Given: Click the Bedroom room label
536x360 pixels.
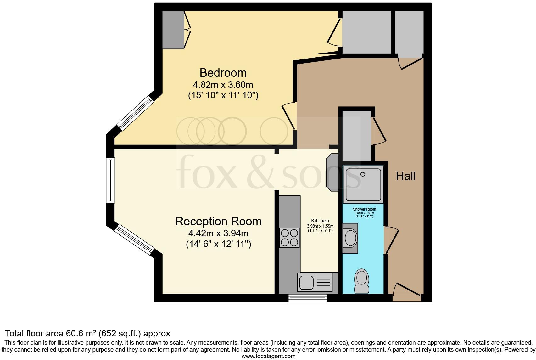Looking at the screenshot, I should tap(223, 73).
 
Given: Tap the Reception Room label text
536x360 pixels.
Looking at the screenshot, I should tap(218, 221).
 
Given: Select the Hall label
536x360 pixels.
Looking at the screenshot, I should tap(405, 176).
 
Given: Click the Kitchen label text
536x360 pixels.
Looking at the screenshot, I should tap(320, 221).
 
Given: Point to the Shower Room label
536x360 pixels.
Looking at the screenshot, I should tap(364, 209).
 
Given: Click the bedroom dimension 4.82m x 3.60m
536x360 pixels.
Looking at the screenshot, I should tap(223, 85).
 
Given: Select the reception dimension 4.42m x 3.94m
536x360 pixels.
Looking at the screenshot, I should tap(218, 233).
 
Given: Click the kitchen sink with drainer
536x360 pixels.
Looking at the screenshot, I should tap(315, 282).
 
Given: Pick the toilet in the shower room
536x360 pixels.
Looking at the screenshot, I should tap(362, 281).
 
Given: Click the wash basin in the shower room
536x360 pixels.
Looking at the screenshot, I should tap(350, 238).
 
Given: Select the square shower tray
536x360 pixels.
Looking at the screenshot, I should tap(363, 185).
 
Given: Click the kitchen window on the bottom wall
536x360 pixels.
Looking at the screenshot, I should tap(308, 298).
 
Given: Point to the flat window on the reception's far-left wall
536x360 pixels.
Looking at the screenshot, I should tap(110, 180).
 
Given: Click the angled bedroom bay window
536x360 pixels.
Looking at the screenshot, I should tap(135, 113).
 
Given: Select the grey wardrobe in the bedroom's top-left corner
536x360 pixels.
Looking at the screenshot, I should tap(173, 30).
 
